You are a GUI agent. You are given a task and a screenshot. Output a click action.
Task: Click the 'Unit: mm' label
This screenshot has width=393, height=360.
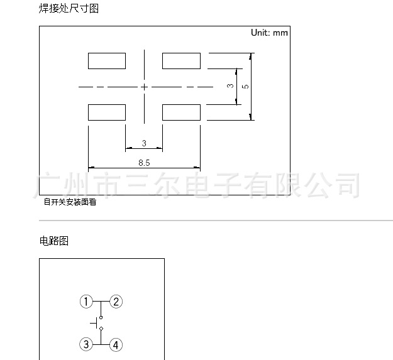click(x=269, y=33)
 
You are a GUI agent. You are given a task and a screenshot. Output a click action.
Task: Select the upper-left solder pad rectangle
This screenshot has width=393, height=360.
click(x=107, y=61)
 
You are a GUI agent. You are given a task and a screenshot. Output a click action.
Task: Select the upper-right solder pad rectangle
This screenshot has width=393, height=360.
click(x=181, y=61)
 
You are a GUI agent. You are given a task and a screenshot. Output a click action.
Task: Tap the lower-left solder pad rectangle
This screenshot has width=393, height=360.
click(x=107, y=112)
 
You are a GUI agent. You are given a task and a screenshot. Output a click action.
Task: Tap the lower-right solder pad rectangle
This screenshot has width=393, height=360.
click(x=181, y=112)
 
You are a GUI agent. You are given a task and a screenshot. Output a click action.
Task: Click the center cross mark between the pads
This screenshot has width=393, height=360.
click(x=145, y=86)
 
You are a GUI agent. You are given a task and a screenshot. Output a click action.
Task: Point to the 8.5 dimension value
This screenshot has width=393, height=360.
click(x=144, y=162)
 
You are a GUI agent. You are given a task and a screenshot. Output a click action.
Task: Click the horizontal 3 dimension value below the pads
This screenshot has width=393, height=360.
click(x=144, y=144)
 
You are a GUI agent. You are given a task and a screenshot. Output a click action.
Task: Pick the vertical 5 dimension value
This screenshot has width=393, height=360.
click(x=245, y=85)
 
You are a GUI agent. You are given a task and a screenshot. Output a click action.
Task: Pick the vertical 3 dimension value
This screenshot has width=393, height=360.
click(x=230, y=85)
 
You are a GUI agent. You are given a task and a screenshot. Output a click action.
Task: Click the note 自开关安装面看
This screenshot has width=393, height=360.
click(x=69, y=202)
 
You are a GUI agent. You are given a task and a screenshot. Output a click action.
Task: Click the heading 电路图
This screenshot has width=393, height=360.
click(x=53, y=241)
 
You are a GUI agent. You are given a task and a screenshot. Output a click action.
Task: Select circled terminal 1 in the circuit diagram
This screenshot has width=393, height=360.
click(x=86, y=302)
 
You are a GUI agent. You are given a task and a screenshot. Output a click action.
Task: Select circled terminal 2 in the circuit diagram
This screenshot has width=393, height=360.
click(x=116, y=302)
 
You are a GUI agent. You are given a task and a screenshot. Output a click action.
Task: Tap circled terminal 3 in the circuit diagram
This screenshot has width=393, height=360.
click(x=86, y=344)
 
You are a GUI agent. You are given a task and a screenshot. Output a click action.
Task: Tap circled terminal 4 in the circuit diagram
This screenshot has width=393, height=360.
click(x=116, y=344)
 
